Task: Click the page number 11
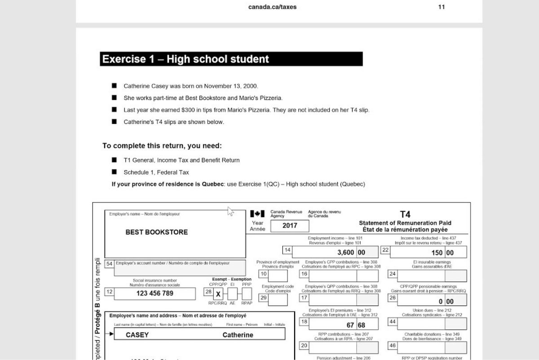tap(442, 7)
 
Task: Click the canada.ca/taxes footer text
tap(272, 7)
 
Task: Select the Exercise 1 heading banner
tap(231, 59)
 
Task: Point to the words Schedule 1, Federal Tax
tap(156, 172)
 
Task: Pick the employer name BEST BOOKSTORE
tap(156, 232)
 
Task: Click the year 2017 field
tap(290, 226)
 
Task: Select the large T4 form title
tap(405, 214)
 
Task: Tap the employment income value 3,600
tap(345, 253)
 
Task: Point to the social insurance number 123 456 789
tap(155, 293)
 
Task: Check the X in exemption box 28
tap(218, 294)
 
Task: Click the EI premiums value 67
tap(351, 324)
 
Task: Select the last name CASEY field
tap(137, 335)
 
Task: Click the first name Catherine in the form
tap(238, 335)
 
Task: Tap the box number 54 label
tap(109, 264)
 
